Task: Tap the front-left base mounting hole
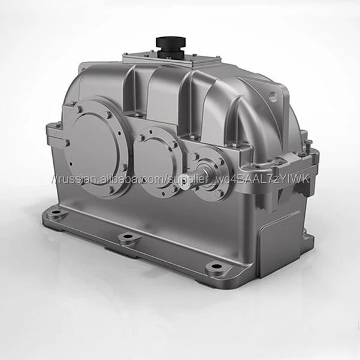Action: pyautogui.click(x=56, y=212)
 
